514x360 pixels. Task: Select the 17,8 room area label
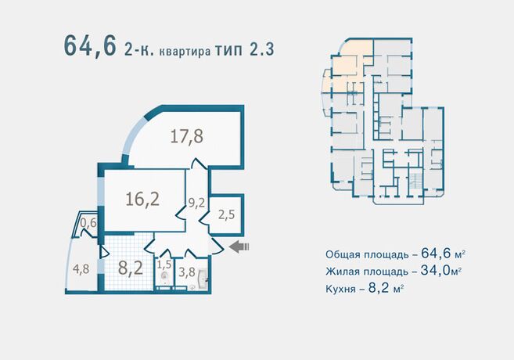187,136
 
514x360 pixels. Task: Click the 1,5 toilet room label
164,265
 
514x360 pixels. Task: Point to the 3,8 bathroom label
187,272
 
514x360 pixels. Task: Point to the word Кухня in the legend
342,288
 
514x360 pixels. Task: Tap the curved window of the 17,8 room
133,139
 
